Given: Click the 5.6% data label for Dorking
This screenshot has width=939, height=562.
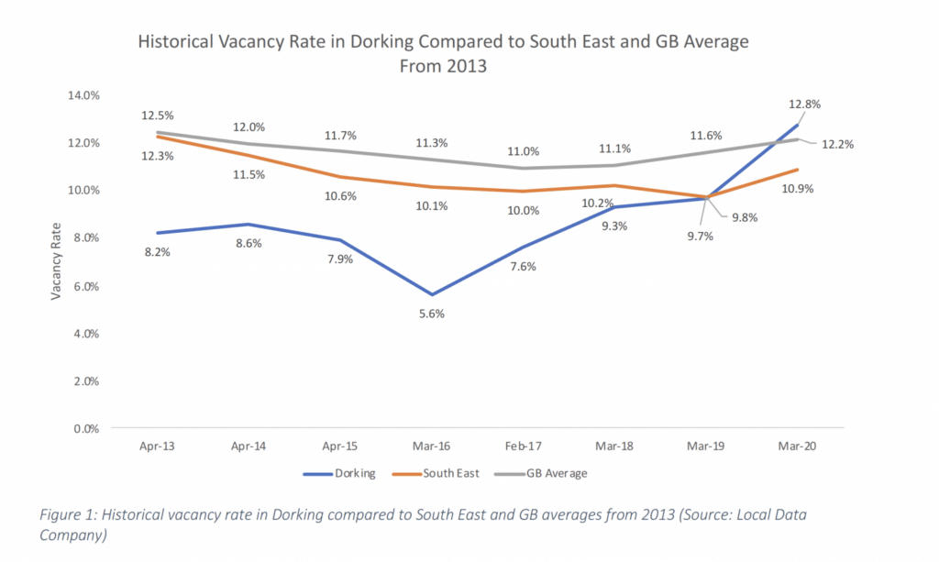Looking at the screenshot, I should point(431,314).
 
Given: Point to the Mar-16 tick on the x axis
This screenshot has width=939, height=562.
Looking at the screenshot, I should point(431,446).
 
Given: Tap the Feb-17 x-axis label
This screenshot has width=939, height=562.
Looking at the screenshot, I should point(524,446).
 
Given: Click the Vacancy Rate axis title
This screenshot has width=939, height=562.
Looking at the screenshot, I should point(57,261).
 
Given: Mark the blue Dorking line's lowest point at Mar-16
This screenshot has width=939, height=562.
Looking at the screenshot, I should point(431,294).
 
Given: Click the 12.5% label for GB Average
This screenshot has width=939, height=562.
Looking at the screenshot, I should point(158,116).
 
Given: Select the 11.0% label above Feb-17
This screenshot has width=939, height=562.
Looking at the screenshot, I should point(524,151).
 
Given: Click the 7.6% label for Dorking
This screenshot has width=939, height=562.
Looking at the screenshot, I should point(524,267).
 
